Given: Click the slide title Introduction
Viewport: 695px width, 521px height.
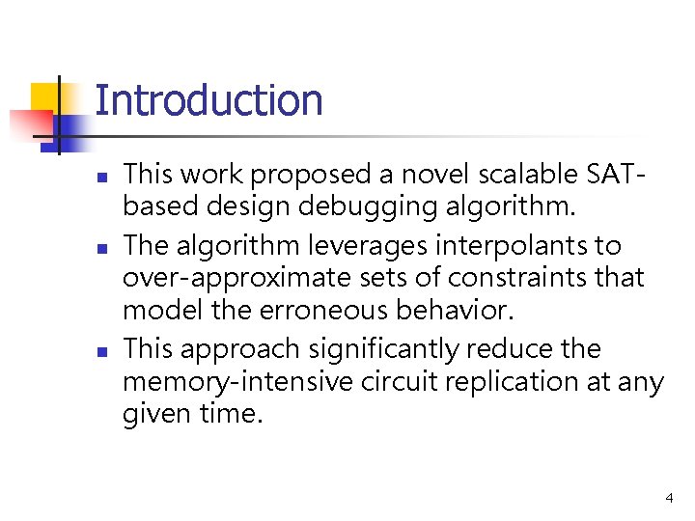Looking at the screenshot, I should pos(208,100).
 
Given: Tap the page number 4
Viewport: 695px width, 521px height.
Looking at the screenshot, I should pos(669,498).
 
